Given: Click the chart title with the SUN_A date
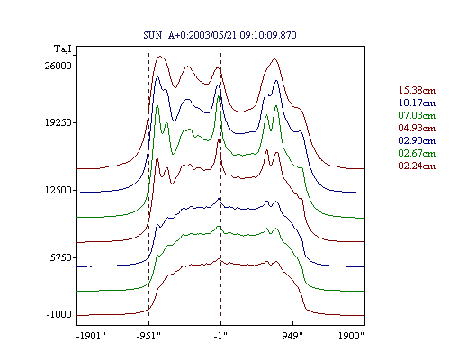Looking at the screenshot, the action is pos(220,35).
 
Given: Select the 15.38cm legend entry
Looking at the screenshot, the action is pos(417,90).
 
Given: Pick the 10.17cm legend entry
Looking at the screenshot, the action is pos(417,103).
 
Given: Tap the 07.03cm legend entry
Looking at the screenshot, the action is pos(417,115).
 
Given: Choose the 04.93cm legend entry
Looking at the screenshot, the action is pos(417,128).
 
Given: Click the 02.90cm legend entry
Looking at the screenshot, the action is pos(417,140).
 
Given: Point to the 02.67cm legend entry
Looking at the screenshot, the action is pos(417,153).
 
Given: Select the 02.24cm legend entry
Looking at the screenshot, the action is pos(417,166).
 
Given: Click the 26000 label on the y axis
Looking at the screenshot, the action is pos(58,66).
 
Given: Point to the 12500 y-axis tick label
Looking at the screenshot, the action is pos(58,190).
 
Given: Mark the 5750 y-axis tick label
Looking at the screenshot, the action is pos(61,257).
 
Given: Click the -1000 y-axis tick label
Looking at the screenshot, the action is pos(59,314).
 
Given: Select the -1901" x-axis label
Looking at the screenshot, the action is pos(92,336).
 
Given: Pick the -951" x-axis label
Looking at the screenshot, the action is pos(148,336).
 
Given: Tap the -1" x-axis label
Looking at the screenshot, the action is pos(220,336).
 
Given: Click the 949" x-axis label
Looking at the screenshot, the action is pos(292,336).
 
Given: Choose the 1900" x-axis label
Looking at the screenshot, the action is pos(351,336).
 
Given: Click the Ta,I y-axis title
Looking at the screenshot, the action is pos(63,49).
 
